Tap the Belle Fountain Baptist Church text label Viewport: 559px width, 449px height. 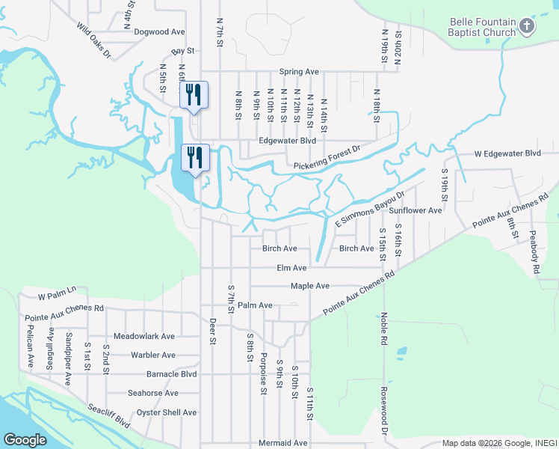point(482,28)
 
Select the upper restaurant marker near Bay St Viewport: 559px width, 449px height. point(194,94)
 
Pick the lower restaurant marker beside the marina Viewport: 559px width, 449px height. point(195,157)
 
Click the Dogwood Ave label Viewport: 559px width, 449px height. point(159,32)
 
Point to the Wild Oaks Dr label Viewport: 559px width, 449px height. point(93,40)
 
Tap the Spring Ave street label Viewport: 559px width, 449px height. point(299,72)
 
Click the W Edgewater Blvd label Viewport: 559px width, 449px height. point(507,153)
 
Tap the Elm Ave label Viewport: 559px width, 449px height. point(291,268)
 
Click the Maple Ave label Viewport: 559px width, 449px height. point(310,286)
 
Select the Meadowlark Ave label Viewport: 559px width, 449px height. point(144,337)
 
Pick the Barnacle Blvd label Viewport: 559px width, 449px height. point(161,374)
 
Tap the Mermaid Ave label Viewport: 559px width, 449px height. point(282,443)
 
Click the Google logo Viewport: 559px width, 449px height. point(25,440)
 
